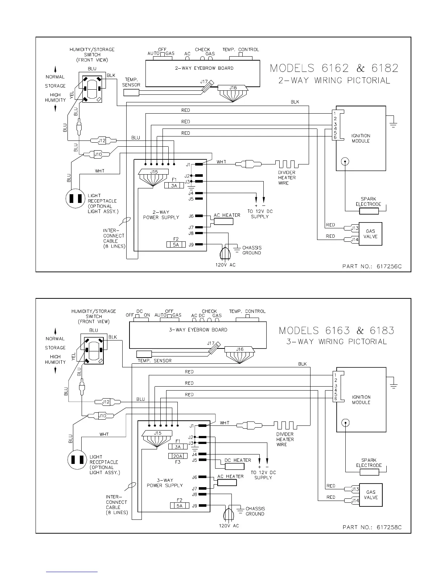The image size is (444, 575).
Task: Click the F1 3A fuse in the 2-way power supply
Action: point(174,185)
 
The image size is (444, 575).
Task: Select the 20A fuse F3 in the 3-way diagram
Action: point(178,456)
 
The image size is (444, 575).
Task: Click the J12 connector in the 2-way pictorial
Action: point(102,140)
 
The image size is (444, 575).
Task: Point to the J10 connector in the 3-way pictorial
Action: point(103,415)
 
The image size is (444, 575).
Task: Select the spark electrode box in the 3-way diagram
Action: point(369,472)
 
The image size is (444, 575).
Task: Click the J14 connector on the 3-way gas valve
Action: point(355,500)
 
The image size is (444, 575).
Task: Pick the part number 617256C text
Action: point(372,266)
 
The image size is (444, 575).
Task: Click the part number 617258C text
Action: point(372,527)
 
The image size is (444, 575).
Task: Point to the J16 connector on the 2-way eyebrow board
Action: point(233,88)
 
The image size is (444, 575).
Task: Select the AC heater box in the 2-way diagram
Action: point(223,221)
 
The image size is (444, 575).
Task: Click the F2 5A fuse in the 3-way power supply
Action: point(180,506)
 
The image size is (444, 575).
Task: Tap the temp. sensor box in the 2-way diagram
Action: point(131,92)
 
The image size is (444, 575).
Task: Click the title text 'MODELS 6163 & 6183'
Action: point(336,331)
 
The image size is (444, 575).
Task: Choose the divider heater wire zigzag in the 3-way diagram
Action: point(285,425)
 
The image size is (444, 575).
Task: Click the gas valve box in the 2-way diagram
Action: point(370,234)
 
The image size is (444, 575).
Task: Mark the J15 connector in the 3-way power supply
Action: point(157,433)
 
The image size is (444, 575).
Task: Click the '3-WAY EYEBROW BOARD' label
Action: point(198,330)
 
